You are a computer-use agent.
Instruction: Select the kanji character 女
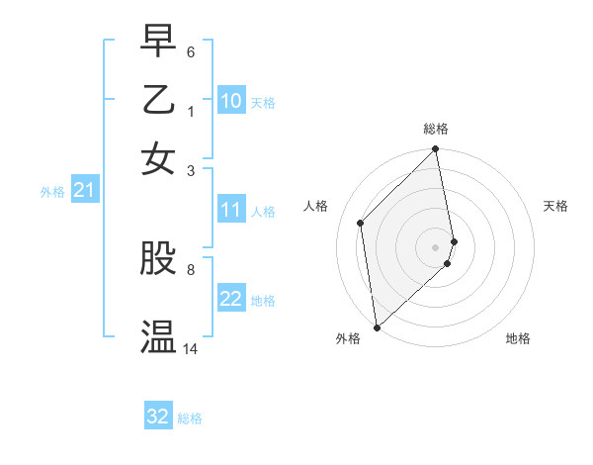coord(159,158)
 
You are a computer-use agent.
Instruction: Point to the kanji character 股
coord(159,258)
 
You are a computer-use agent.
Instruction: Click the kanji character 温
coord(159,336)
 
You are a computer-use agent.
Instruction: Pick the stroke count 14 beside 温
coord(191,348)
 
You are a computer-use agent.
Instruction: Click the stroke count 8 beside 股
coord(191,268)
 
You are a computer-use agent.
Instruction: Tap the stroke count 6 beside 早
coord(191,50)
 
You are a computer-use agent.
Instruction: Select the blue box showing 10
coord(230,101)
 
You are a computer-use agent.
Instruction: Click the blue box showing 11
coord(230,210)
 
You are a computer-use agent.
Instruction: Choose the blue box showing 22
coord(230,299)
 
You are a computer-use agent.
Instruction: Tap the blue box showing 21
coord(84,189)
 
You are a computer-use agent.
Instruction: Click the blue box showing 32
coord(158,417)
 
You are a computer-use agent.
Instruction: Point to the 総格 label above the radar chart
coord(436,129)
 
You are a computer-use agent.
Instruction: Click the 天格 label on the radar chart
coord(555,206)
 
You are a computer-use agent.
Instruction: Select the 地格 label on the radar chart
coord(518,338)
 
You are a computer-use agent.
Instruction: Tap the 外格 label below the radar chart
coord(348,338)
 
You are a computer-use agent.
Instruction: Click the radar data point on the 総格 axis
coord(436,150)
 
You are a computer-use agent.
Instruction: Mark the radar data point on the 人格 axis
coord(361,223)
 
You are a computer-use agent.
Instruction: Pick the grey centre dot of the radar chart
coord(436,246)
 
